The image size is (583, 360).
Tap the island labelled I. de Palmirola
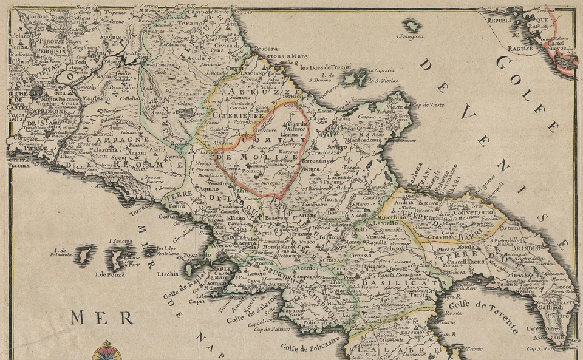[x=85, y=255]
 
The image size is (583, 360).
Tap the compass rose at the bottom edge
[x=107, y=351]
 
